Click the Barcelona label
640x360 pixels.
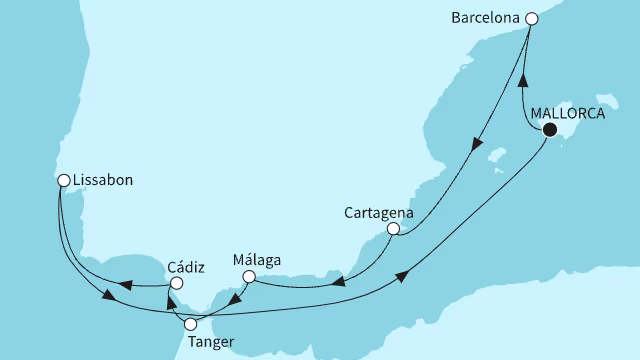(485, 18)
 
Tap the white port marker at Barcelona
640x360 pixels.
(532, 18)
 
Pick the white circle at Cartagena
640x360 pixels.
(394, 230)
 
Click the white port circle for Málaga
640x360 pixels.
(250, 277)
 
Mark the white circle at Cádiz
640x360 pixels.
(176, 284)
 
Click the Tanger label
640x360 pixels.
(211, 342)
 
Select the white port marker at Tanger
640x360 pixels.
(191, 324)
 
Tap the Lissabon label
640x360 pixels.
(104, 181)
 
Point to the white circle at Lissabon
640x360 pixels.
(63, 181)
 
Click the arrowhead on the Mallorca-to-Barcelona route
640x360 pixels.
(521, 80)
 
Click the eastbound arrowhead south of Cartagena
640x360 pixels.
(403, 275)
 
